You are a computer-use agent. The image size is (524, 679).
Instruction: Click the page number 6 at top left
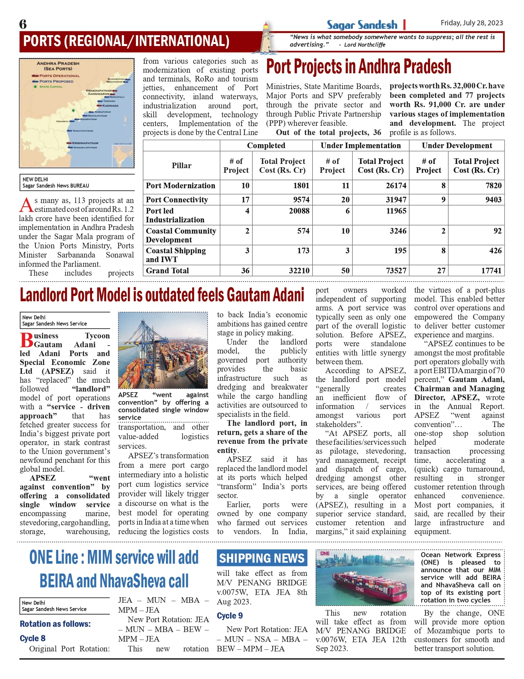point(23,24)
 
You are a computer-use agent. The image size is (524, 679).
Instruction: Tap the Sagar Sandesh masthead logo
point(362,25)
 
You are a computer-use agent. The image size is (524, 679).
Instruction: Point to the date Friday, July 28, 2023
point(471,23)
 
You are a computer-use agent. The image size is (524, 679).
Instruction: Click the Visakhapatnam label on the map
point(99,90)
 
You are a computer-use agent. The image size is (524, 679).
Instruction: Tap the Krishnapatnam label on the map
point(85,143)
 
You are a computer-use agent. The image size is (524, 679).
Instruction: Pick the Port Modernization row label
point(180,186)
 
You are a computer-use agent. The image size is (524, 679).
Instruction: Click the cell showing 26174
point(396,186)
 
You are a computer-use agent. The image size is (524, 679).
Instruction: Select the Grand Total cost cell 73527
point(396,271)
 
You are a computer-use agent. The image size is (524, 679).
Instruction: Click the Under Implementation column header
point(360,146)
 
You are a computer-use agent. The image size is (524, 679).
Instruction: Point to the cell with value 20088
point(299,211)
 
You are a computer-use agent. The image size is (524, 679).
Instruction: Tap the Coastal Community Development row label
point(181,235)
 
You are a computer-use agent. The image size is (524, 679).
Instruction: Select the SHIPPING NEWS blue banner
point(262,558)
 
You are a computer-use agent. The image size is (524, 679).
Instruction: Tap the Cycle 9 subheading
point(230,616)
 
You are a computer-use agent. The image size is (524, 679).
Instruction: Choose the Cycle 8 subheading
point(33,638)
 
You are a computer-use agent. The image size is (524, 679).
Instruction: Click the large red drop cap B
point(26,340)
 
